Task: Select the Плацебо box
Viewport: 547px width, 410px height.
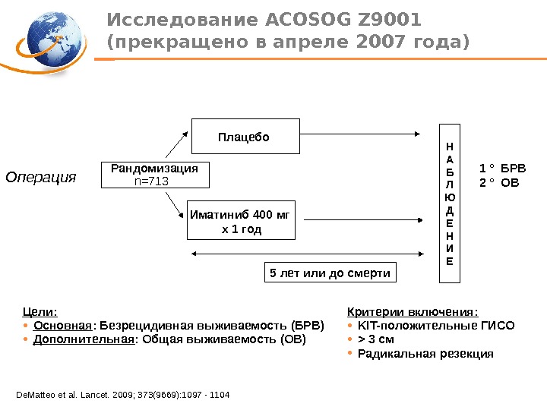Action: [244, 137]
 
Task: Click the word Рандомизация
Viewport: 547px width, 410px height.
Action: [154, 168]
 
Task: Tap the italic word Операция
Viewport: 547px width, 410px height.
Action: [42, 177]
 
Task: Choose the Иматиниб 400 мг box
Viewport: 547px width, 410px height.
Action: [241, 220]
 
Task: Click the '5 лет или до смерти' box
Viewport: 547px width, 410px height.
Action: [330, 273]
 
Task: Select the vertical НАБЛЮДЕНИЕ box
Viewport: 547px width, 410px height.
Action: [449, 203]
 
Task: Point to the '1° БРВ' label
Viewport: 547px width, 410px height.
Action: [502, 169]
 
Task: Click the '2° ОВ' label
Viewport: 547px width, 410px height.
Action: [499, 183]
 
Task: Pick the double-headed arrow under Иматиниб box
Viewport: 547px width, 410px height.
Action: [308, 253]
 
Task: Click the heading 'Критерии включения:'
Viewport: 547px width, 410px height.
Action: [413, 311]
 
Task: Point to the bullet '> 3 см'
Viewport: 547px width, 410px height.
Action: [375, 339]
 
